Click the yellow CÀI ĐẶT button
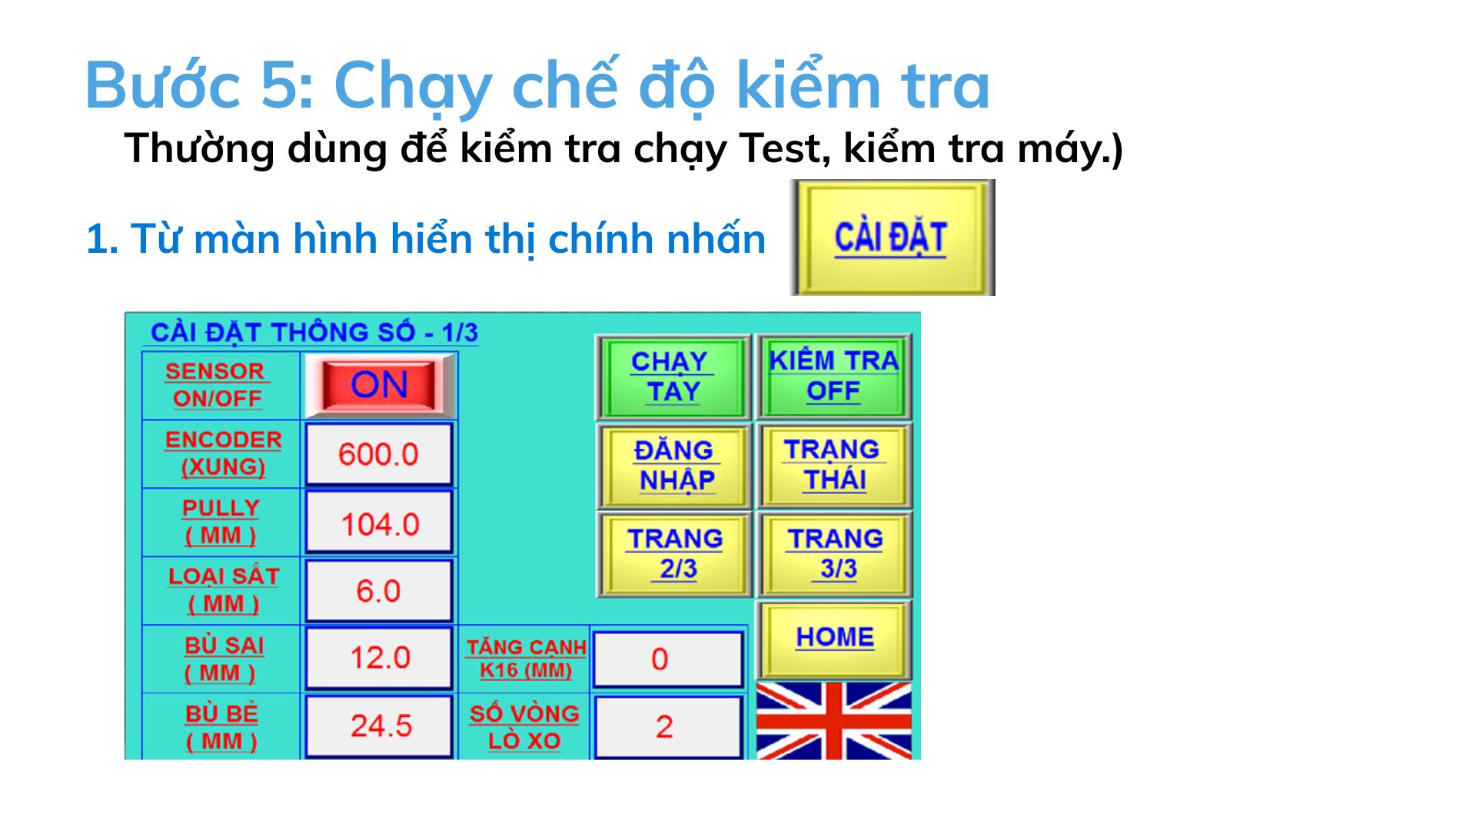893,237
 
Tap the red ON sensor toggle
379,385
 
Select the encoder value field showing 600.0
378,454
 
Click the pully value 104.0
379,523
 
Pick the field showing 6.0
378,591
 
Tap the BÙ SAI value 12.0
379,658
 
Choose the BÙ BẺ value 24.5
379,726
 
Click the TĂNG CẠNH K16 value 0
667,659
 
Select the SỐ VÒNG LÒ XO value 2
667,727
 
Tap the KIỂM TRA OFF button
834,377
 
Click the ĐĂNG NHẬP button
674,466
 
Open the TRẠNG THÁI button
834,465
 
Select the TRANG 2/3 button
674,554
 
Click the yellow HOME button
834,639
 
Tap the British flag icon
834,721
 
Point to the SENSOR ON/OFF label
217,385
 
